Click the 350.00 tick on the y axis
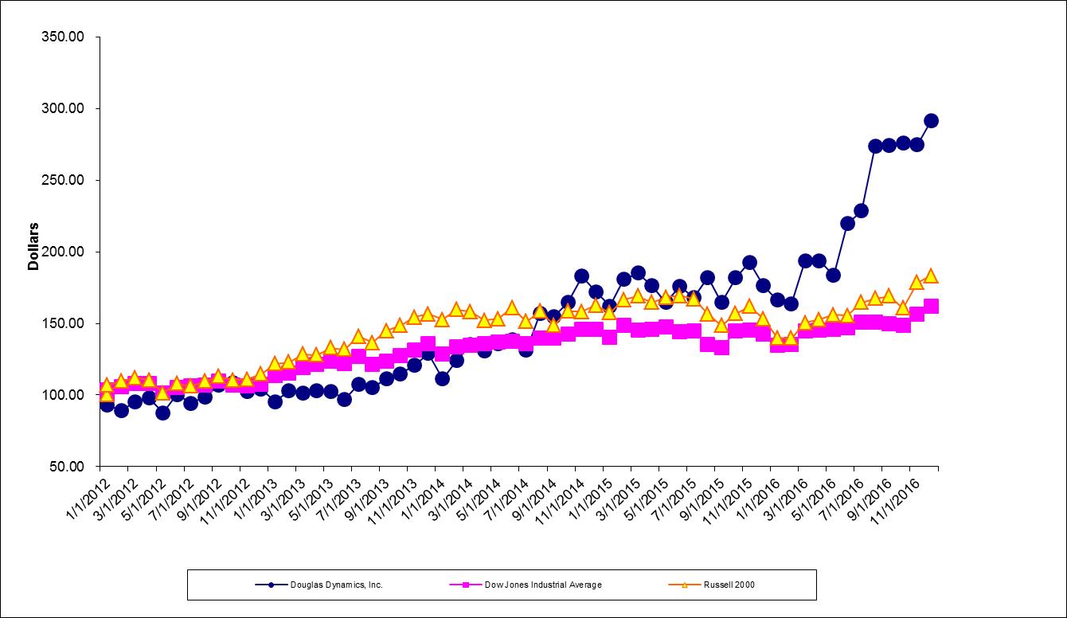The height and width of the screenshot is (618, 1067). coord(62,37)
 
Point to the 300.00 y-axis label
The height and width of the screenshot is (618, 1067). coord(62,109)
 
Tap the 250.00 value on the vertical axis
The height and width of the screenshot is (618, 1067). coord(62,181)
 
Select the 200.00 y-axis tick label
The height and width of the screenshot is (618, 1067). coord(62,252)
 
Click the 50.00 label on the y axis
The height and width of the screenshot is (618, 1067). coord(65,467)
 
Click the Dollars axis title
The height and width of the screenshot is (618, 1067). coord(33,246)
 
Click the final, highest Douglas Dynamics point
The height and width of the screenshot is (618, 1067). coord(931,121)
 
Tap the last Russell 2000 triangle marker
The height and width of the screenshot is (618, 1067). coord(931,276)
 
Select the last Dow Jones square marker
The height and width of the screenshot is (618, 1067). coord(931,306)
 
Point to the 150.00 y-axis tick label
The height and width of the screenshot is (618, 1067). coord(62,324)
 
